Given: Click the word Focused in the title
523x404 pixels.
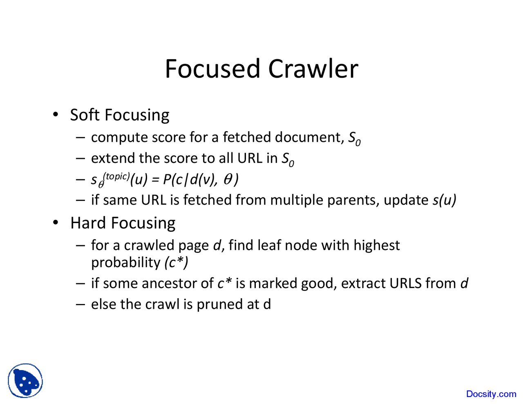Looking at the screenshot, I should coord(212,69).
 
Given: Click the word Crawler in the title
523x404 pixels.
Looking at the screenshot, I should coord(313,69).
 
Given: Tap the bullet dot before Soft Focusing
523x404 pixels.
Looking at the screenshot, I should coord(56,114).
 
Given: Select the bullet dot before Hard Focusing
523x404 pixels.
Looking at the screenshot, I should coord(56,223).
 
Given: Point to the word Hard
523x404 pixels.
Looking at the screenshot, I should coord(88,223).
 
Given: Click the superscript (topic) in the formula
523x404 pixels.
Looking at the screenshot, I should coord(117,176).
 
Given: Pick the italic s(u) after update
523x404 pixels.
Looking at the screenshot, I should coord(444,200).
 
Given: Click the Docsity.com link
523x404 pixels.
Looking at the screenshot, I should coord(491,394).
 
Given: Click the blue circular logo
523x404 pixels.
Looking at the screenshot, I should coord(25,381).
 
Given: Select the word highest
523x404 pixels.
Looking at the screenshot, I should coord(376,245).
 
